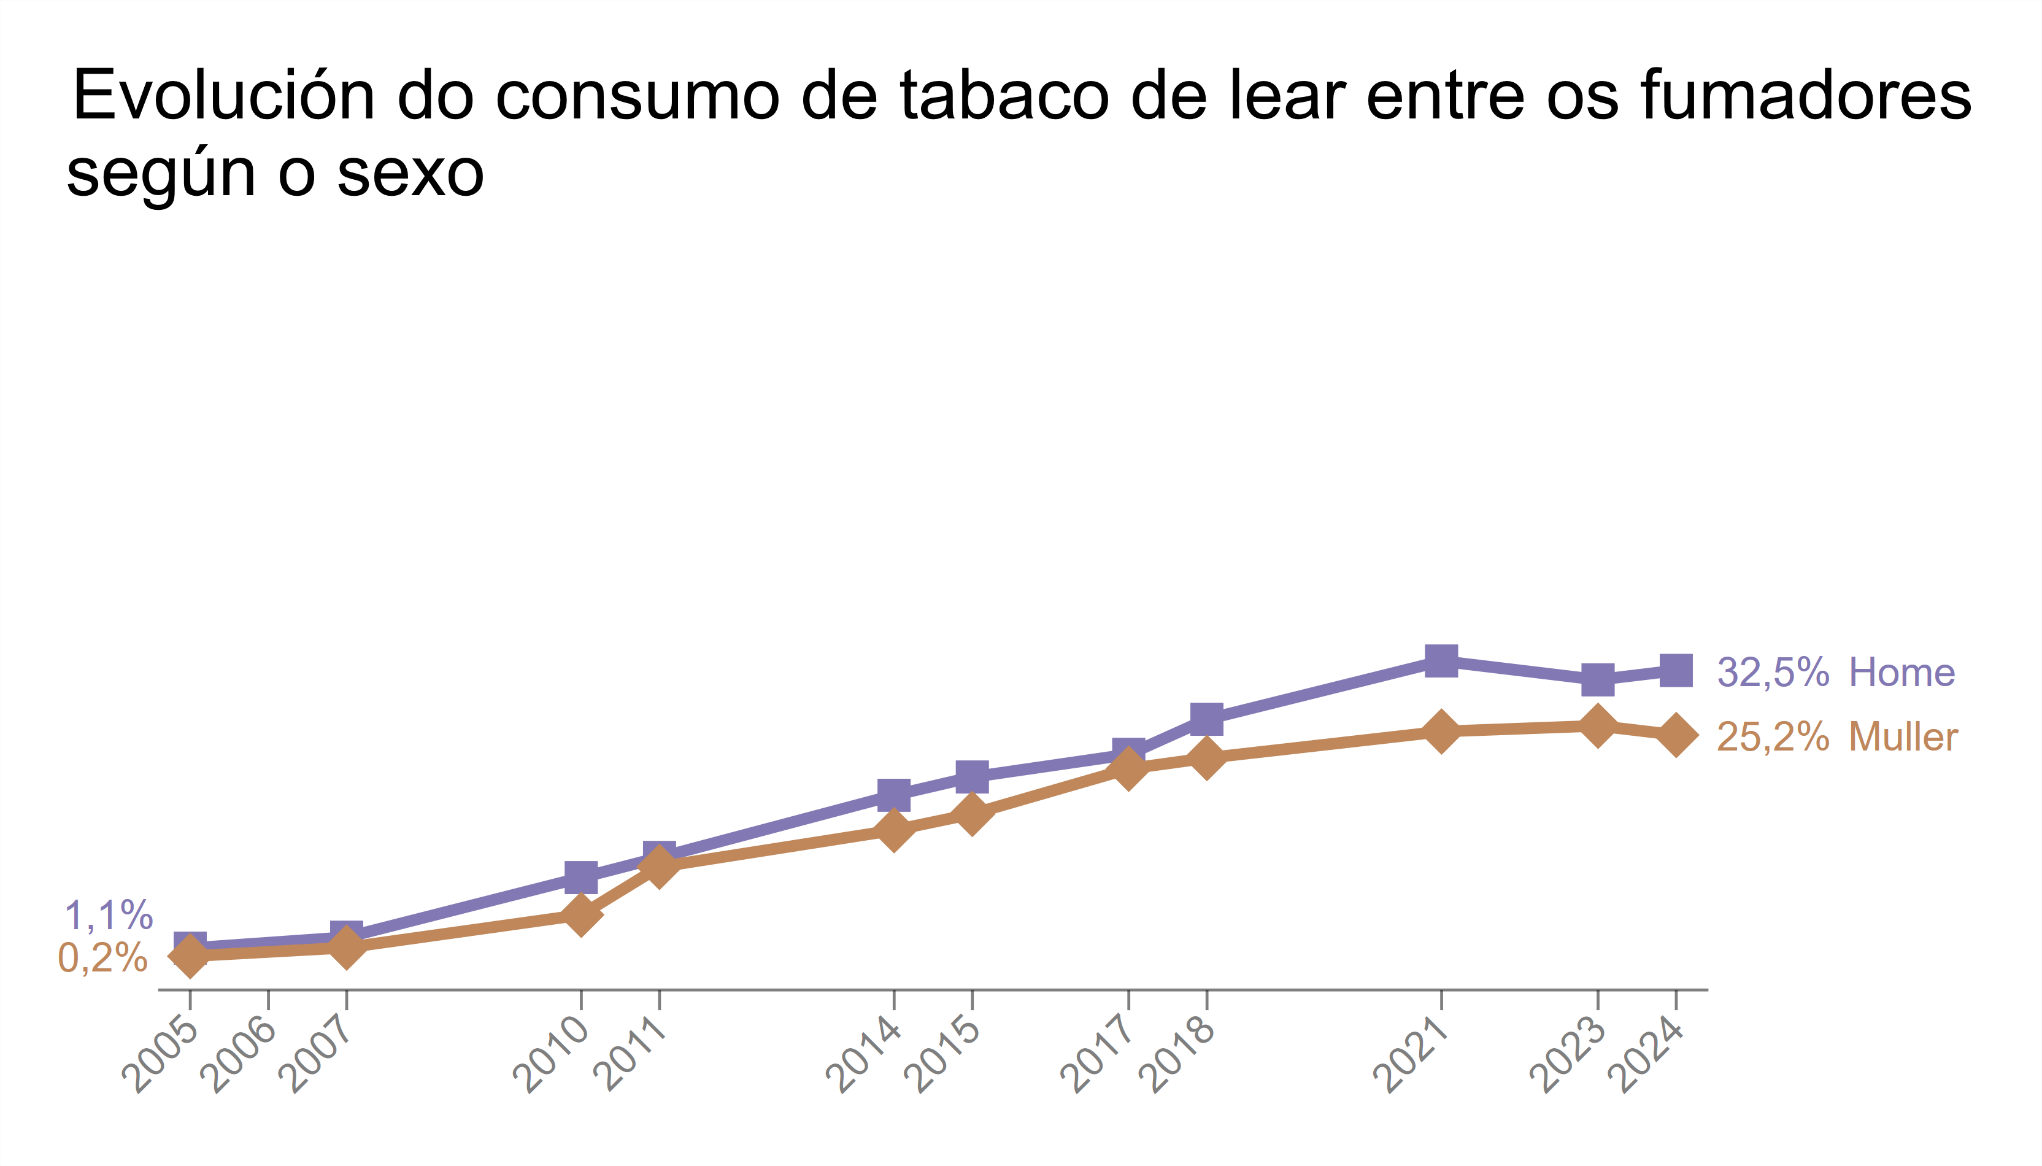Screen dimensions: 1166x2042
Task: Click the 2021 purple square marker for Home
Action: (1441, 662)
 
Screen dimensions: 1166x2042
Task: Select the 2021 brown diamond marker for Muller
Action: (1441, 731)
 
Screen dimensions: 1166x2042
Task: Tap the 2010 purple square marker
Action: (580, 877)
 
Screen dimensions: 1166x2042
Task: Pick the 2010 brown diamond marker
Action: (580, 914)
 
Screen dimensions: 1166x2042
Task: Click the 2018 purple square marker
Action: (1206, 719)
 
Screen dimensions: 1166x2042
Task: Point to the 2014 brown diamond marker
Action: (893, 830)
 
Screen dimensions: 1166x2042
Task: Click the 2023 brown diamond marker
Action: (1598, 725)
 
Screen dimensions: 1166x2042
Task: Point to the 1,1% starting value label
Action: (109, 916)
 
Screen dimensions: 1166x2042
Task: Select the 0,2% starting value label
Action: (103, 958)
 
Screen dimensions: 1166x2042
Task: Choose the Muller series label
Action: (1903, 737)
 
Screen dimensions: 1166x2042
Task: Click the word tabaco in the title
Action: (1004, 96)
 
